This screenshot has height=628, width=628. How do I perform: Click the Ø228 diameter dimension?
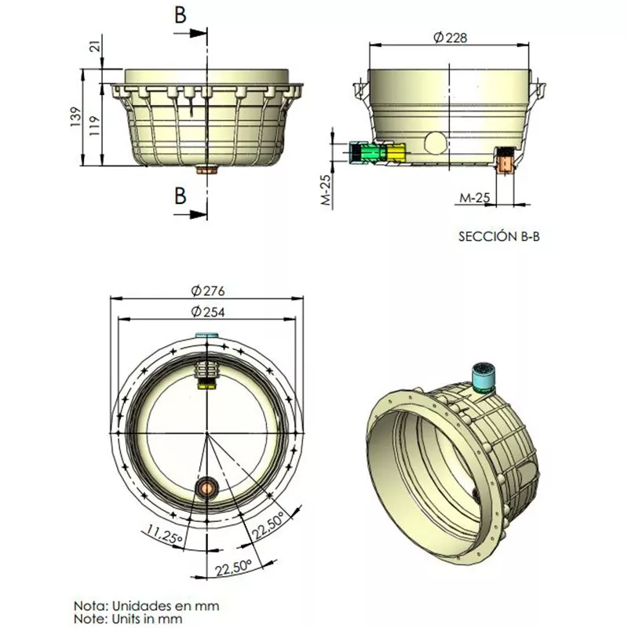(x=450, y=37)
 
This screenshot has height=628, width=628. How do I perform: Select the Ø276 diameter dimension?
(x=208, y=290)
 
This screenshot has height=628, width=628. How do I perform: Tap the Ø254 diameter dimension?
(x=208, y=312)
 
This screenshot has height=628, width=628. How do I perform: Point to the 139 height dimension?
(x=76, y=117)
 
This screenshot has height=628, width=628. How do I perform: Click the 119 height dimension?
(x=95, y=126)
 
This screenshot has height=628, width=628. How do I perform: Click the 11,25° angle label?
(x=164, y=534)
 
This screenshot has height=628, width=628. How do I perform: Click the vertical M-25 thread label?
(x=327, y=190)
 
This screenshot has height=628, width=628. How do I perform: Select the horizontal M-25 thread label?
(x=475, y=198)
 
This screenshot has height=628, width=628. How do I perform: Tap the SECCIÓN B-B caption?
(x=499, y=236)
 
